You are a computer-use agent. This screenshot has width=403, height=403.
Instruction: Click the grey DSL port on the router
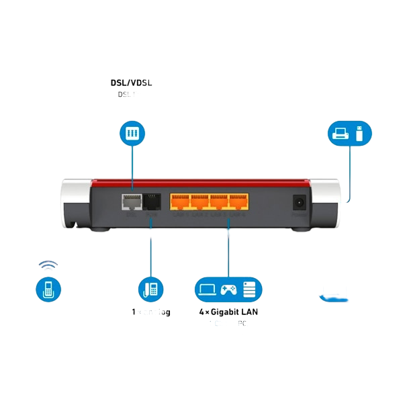(x=130, y=201)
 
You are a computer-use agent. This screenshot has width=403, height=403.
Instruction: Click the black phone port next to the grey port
(x=151, y=201)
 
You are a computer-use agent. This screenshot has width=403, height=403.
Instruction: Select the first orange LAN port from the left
(x=180, y=201)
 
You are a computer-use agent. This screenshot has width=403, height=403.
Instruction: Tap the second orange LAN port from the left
(x=199, y=201)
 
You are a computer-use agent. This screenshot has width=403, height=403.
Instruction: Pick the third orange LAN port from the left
(x=219, y=201)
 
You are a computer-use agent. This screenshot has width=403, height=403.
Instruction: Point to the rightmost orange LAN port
(x=238, y=201)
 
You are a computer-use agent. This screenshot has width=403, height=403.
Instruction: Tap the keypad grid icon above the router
(x=132, y=133)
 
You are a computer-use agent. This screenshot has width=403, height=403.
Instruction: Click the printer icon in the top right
(x=341, y=133)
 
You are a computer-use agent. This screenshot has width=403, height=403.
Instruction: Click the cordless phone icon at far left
(x=48, y=290)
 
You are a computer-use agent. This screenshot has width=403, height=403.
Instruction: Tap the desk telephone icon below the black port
(x=150, y=289)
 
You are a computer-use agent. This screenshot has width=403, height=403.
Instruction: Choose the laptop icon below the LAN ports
(x=207, y=289)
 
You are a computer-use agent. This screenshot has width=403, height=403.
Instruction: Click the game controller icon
(x=228, y=290)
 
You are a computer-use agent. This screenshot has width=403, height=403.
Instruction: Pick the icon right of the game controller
(x=250, y=289)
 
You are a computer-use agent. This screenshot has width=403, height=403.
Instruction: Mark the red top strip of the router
(x=201, y=181)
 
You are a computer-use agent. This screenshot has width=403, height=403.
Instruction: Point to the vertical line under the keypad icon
(x=132, y=165)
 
